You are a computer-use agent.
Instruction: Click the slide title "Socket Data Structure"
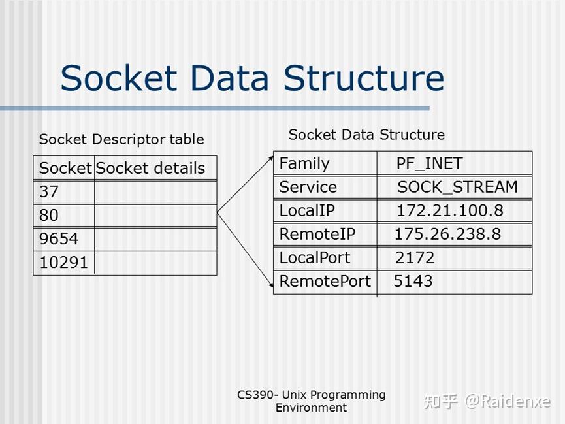pyautogui.click(x=252, y=78)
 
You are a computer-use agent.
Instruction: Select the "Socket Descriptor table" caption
pyautogui.click(x=121, y=139)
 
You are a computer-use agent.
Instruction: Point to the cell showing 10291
pyautogui.click(x=63, y=263)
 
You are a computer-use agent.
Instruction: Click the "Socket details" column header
pyautogui.click(x=150, y=168)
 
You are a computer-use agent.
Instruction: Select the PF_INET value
pyautogui.click(x=429, y=163)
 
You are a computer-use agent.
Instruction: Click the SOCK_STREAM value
pyautogui.click(x=457, y=187)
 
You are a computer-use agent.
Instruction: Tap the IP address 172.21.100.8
pyautogui.click(x=449, y=210)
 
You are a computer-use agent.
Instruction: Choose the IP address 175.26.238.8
pyautogui.click(x=447, y=234)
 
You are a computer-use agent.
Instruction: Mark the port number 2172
pyautogui.click(x=414, y=257)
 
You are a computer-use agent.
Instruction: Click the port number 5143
pyautogui.click(x=413, y=282)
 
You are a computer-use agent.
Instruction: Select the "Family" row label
pyautogui.click(x=304, y=163)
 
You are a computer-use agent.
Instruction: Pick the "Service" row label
pyautogui.click(x=308, y=187)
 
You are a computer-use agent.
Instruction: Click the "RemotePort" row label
pyautogui.click(x=325, y=282)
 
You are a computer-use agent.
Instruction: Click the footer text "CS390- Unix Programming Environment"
pyautogui.click(x=311, y=401)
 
